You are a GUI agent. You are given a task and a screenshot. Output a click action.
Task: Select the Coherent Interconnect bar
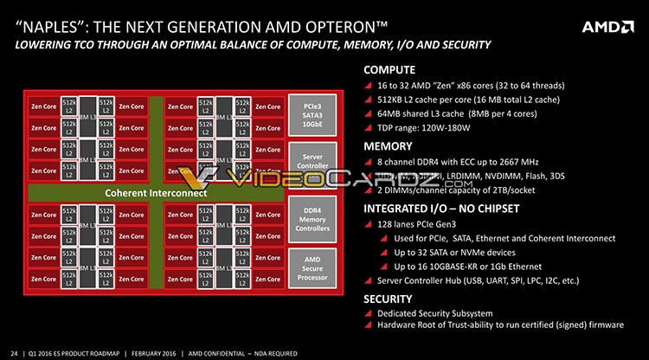coord(156,193)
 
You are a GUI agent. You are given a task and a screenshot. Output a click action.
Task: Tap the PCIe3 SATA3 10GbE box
coord(312,114)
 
